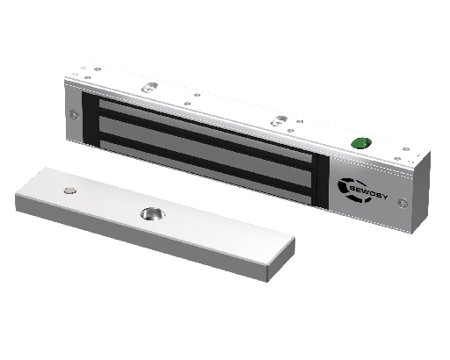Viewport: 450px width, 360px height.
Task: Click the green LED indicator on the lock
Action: pyautogui.click(x=361, y=143)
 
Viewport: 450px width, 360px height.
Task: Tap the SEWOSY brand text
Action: pyautogui.click(x=369, y=192)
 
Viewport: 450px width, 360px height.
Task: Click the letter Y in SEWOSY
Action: pyautogui.click(x=384, y=197)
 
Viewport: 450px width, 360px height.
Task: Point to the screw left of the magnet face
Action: pyautogui.click(x=74, y=114)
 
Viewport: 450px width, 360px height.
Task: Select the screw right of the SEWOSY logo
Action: pyautogui.click(x=403, y=202)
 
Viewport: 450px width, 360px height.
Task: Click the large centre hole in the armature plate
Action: pyautogui.click(x=152, y=213)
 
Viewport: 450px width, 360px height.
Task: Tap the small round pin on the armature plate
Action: pyautogui.click(x=70, y=191)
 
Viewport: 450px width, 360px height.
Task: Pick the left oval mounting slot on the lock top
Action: pyautogui.click(x=149, y=87)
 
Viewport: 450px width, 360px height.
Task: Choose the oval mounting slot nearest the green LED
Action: pyautogui.click(x=279, y=120)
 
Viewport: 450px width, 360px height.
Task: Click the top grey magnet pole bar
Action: pyautogui.click(x=205, y=130)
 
